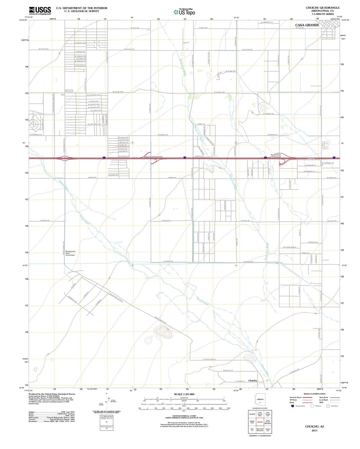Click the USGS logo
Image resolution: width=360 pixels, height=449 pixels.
point(40,11)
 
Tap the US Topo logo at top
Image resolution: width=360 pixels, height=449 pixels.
point(184,12)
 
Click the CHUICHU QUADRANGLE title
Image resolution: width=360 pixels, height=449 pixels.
point(323,8)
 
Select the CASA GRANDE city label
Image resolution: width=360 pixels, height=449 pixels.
point(307,25)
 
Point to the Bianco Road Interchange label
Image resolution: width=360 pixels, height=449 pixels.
point(153,157)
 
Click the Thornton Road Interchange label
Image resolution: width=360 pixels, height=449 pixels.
point(275,156)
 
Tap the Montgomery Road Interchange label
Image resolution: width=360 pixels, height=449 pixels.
point(70,253)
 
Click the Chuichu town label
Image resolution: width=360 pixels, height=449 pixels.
point(253,381)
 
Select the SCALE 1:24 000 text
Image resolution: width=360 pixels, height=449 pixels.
point(184,394)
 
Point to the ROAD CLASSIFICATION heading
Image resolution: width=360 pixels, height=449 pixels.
point(315,394)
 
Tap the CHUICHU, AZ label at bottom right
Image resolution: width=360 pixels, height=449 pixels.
point(315,427)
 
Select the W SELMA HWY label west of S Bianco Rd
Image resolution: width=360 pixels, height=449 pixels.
point(118,92)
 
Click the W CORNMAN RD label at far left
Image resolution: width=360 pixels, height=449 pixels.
point(36,135)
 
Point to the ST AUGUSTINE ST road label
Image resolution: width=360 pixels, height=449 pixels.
point(209,359)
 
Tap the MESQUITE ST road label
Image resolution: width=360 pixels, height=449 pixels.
point(228,371)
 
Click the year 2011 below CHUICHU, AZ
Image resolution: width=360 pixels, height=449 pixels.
point(315,430)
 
